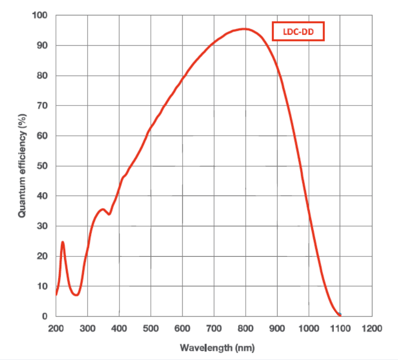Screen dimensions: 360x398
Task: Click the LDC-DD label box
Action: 297,32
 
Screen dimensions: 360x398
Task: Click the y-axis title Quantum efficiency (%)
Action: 22,165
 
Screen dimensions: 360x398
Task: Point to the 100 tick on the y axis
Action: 40,15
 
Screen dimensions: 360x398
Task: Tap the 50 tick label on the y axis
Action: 42,166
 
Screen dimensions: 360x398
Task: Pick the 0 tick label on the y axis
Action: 44,316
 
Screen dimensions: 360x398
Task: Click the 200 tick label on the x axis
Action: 56,329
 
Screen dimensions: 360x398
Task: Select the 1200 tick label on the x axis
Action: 371,329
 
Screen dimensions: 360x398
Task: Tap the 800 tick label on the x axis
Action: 245,329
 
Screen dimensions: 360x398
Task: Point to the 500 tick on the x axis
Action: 151,329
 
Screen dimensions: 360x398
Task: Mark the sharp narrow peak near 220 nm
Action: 63,242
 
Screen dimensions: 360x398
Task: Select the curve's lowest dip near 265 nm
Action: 76,295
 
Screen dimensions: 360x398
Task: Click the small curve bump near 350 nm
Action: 102,209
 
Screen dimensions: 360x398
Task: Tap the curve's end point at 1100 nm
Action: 340,315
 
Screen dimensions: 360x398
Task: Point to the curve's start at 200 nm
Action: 56,294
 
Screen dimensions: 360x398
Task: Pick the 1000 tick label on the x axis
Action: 308,329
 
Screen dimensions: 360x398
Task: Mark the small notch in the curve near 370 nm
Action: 109,214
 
